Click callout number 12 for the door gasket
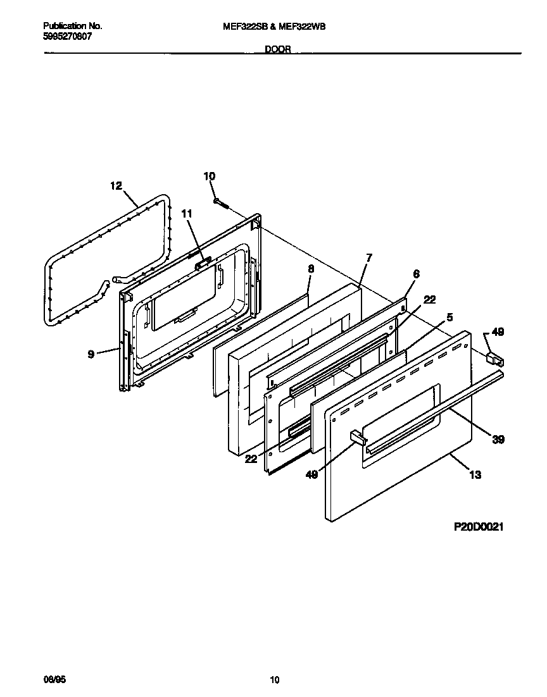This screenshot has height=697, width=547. coord(115,185)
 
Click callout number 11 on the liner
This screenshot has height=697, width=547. coord(186,214)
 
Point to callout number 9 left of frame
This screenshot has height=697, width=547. coord(91,354)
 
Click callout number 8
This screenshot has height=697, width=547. coord(310,268)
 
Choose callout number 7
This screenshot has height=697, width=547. coord(369,257)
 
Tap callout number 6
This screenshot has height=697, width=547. coord(416,273)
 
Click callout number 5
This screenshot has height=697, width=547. coord(450,316)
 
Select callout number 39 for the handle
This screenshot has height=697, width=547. coord(498,439)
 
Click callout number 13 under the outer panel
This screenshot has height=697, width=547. coord(475,475)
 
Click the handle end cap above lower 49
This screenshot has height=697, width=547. coord(357,437)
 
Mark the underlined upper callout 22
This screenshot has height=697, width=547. coord(429,300)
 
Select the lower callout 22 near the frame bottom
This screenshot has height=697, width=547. coord(251,459)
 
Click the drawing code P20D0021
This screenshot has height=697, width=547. coord(478,526)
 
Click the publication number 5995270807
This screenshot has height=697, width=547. coord(66,37)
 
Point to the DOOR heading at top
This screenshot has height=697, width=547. coord(277,49)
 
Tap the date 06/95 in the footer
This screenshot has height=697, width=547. coord(54,680)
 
